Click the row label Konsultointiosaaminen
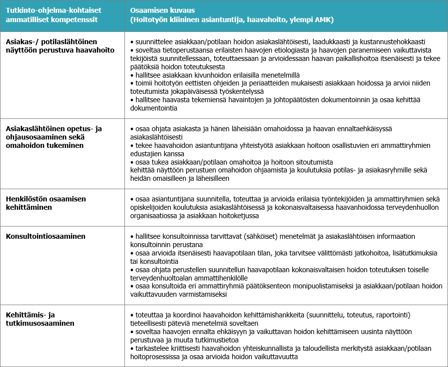point(45,236)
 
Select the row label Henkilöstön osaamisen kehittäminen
point(46,203)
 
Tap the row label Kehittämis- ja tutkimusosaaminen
point(40,319)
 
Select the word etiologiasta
point(281,51)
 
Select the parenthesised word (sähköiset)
point(253,236)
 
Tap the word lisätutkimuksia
point(412,253)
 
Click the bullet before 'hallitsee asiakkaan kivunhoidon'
point(132,75)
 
